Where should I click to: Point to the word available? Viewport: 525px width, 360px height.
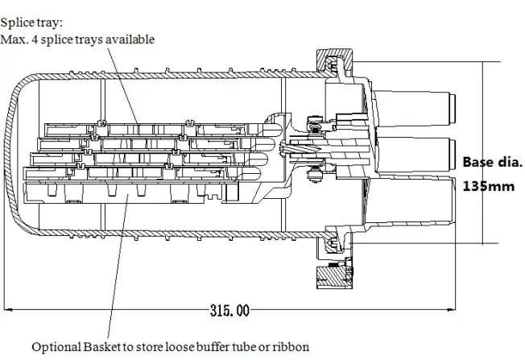click(x=130, y=39)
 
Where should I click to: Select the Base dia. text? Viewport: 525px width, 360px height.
click(x=492, y=162)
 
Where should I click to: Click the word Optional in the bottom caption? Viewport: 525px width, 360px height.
click(x=55, y=347)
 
